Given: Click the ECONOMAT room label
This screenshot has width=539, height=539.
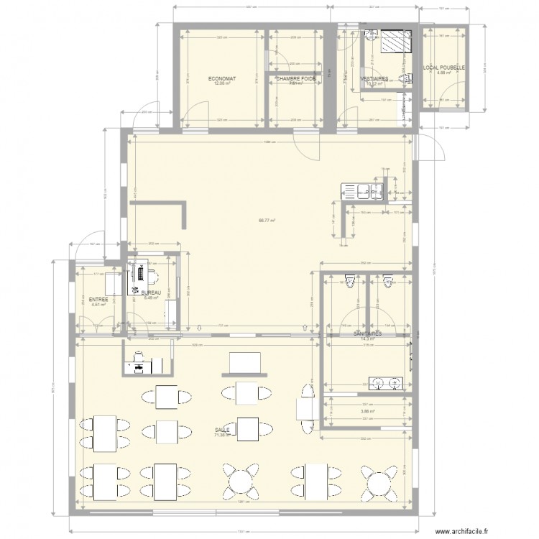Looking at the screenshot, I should (x=223, y=78).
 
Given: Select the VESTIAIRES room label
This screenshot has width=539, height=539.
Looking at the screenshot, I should (x=374, y=78).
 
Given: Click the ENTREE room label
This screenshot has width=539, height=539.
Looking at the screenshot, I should (x=98, y=299).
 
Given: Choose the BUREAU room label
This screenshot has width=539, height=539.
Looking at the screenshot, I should (x=151, y=293).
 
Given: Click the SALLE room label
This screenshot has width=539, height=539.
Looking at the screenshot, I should (x=222, y=430).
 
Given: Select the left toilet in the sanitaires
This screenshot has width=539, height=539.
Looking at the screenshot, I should (x=350, y=281).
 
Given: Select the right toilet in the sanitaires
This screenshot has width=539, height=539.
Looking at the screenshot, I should (x=390, y=281).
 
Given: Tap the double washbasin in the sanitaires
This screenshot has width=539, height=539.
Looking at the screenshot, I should (x=382, y=382).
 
